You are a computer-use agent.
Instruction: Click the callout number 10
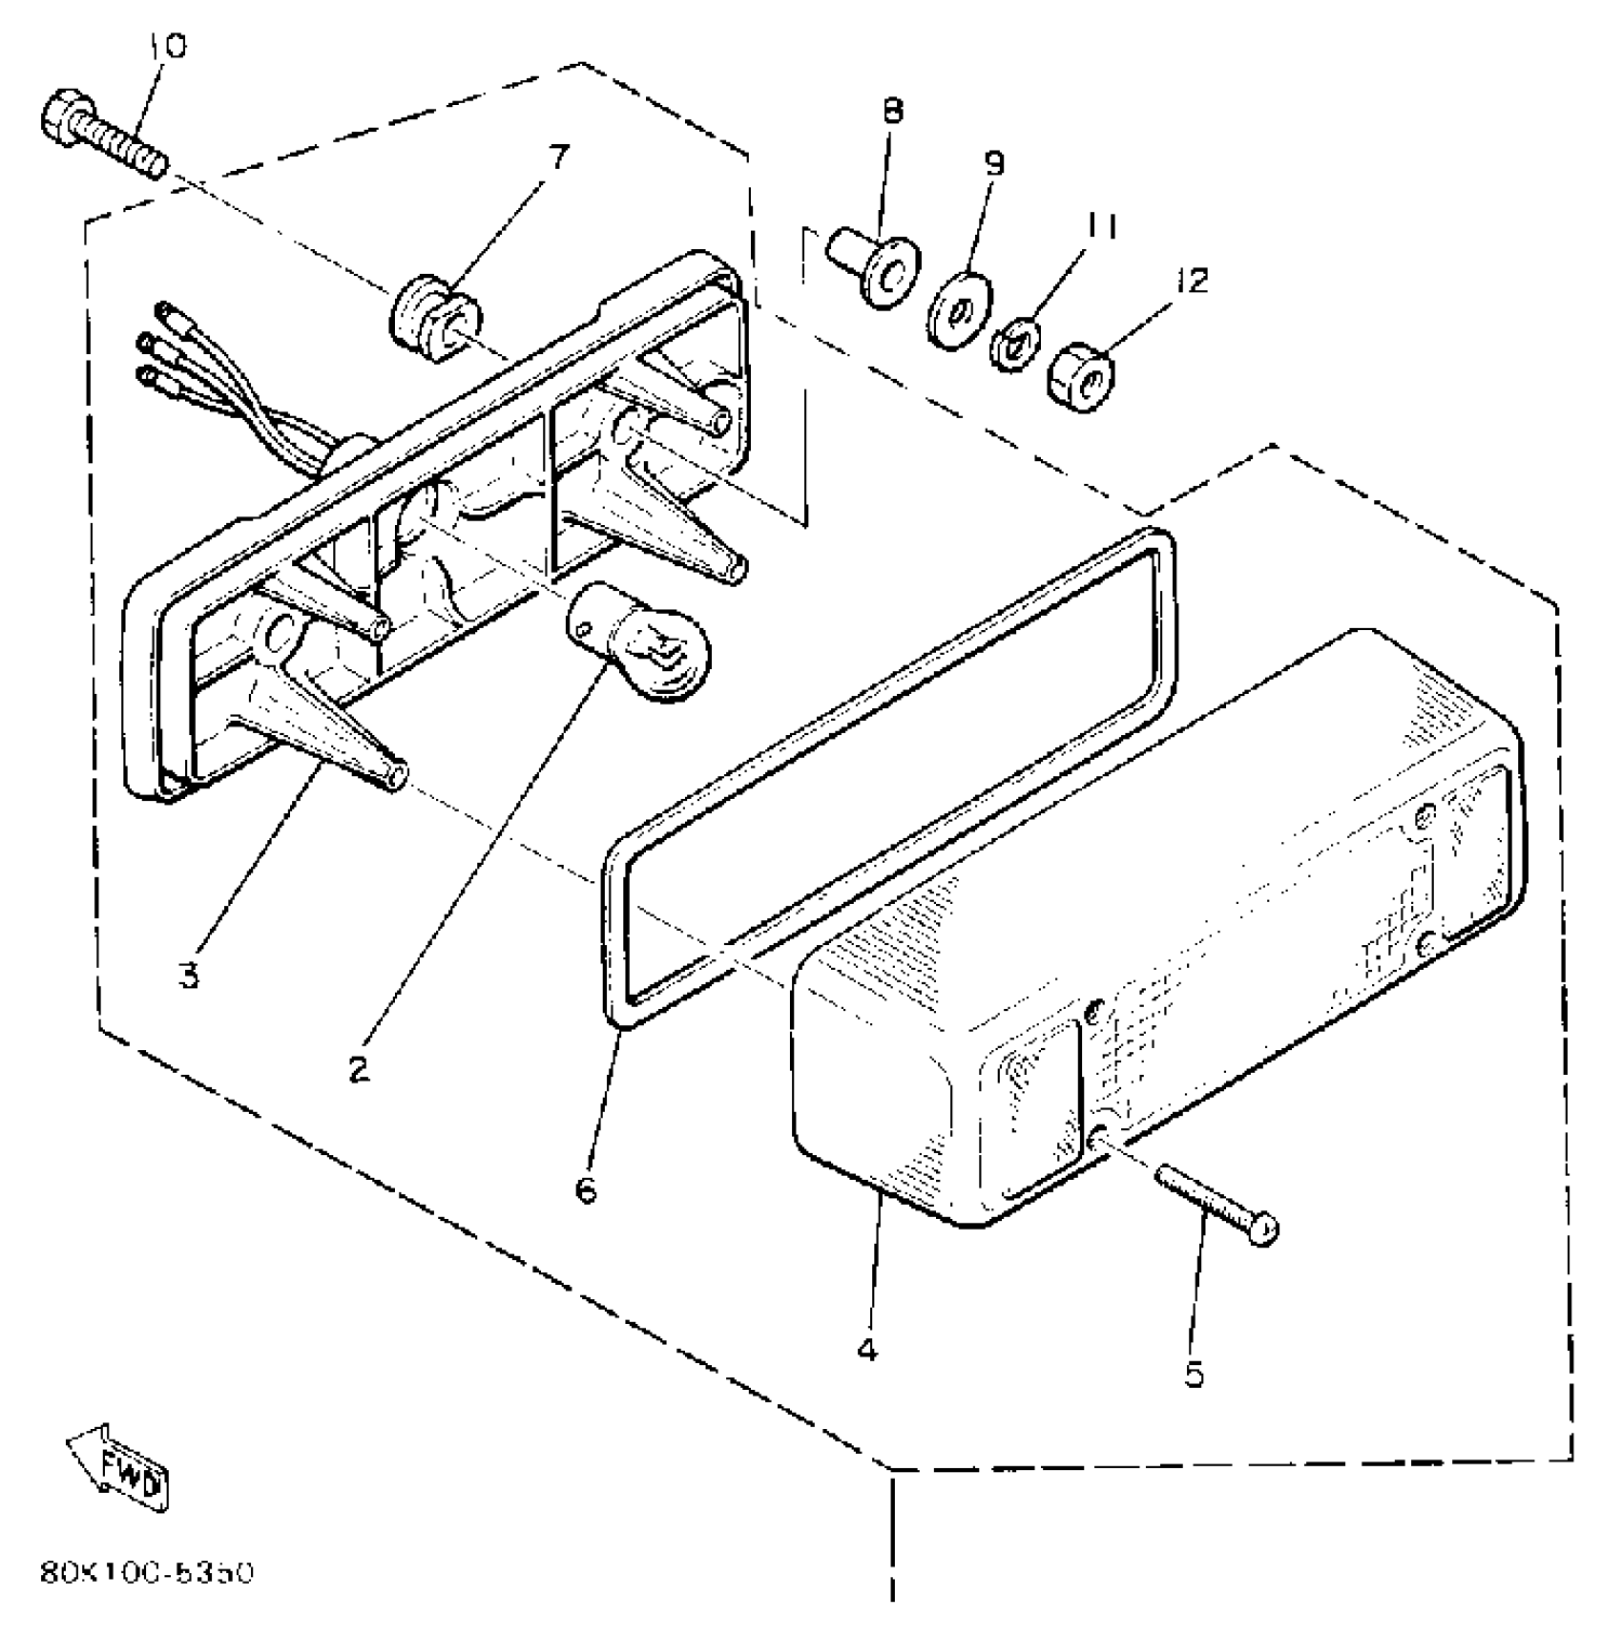(169, 45)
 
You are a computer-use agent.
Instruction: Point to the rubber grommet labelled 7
(435, 319)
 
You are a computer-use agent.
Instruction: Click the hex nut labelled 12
(1084, 378)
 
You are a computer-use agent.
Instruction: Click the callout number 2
(358, 1070)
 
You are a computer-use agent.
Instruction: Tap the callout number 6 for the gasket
(586, 1189)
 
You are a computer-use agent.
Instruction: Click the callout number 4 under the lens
(866, 1350)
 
